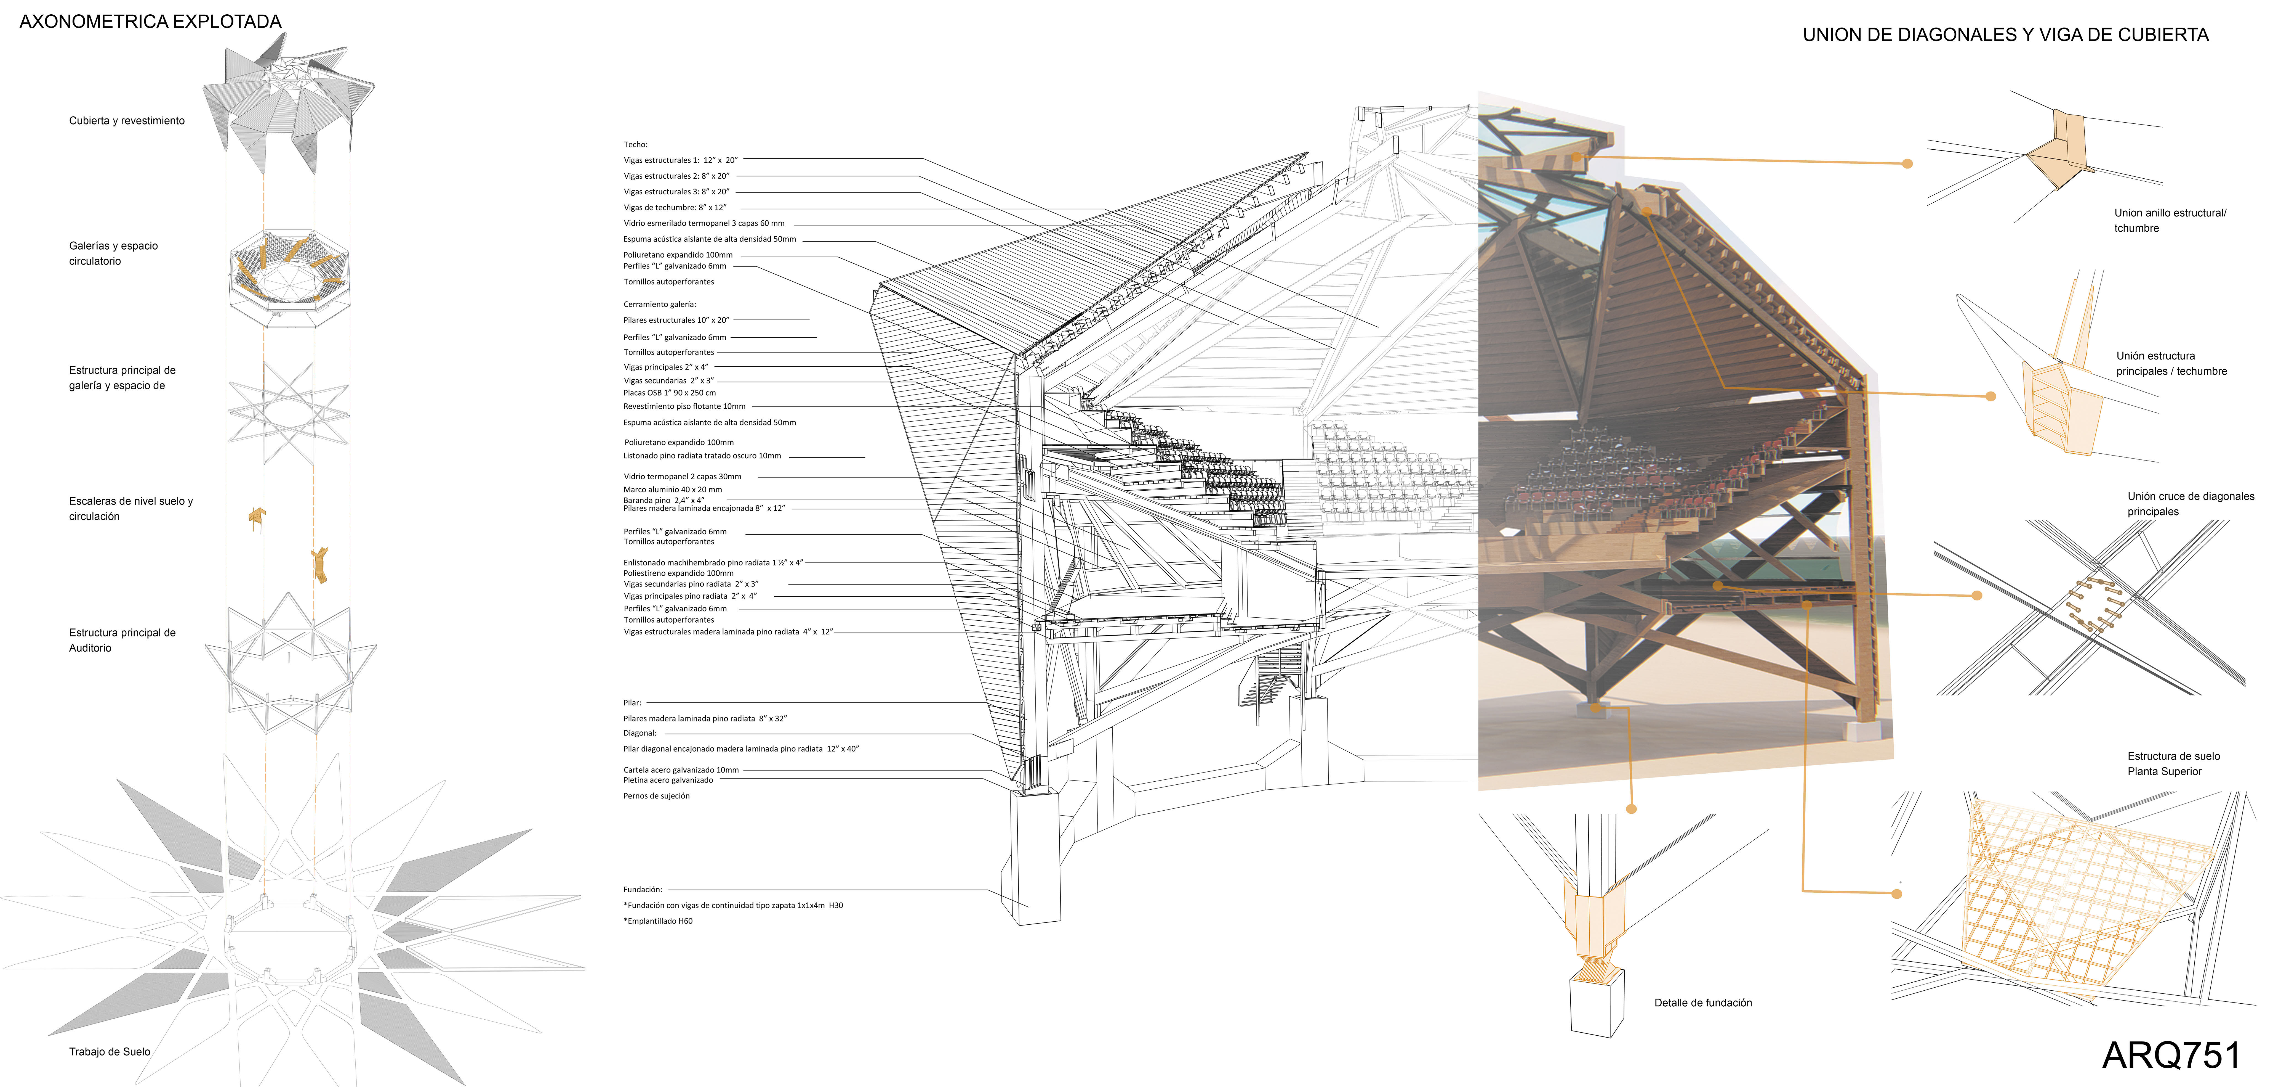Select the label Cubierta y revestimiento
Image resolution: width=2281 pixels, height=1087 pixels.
(x=127, y=120)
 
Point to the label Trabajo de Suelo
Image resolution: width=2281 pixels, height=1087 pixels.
(x=110, y=1052)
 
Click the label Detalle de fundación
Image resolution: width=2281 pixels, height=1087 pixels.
(x=1702, y=1003)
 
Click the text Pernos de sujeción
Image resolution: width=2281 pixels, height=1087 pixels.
(x=656, y=795)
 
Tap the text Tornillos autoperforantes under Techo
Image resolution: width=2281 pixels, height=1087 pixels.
(x=668, y=282)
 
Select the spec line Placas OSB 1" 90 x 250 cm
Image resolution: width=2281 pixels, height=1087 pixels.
(x=669, y=392)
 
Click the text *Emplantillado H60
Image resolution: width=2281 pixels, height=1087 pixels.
(x=658, y=921)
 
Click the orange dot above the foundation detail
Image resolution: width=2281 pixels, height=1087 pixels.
(x=1631, y=809)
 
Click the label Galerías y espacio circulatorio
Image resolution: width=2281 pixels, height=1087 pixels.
(x=113, y=253)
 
